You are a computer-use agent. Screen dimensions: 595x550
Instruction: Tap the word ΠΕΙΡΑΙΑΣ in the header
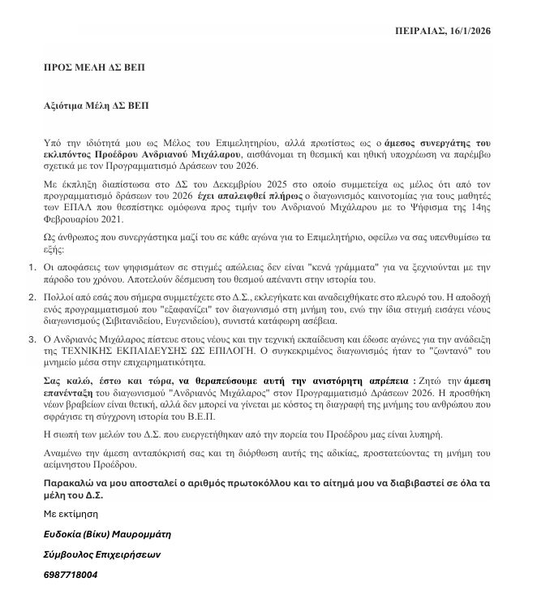(412, 31)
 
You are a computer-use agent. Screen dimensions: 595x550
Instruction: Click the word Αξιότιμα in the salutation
(67, 106)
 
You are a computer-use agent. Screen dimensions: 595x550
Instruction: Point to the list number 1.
(31, 265)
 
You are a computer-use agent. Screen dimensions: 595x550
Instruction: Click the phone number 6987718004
(71, 575)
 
